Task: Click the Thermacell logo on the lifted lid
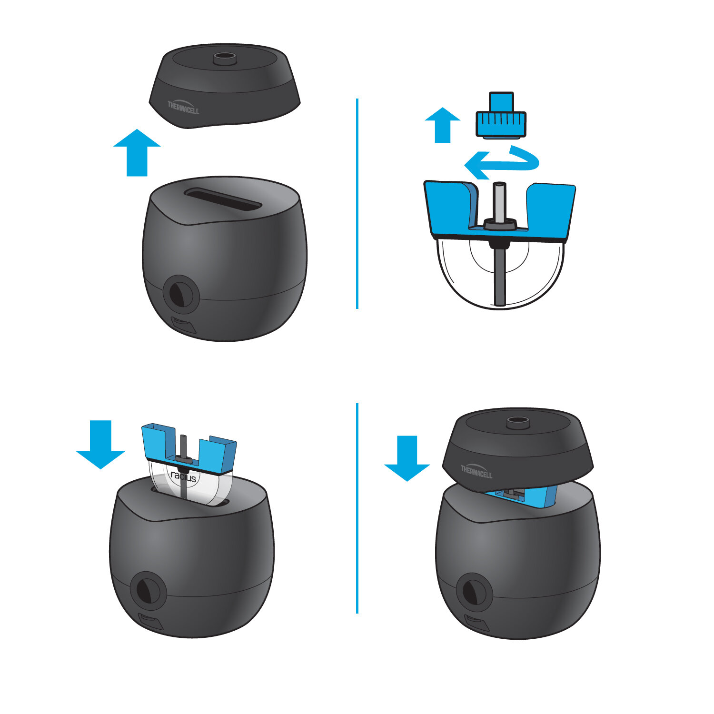tap(183, 107)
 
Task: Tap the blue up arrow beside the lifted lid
tap(137, 153)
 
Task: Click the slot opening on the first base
tap(223, 198)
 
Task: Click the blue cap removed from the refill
tap(501, 115)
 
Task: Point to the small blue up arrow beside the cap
tap(443, 125)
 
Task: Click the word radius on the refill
tap(183, 476)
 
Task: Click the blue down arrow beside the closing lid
tap(407, 458)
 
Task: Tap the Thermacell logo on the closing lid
tap(476, 471)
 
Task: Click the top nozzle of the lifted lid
tap(225, 59)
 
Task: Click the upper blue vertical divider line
tap(357, 204)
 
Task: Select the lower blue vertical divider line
tap(357, 508)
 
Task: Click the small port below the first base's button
tap(183, 326)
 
